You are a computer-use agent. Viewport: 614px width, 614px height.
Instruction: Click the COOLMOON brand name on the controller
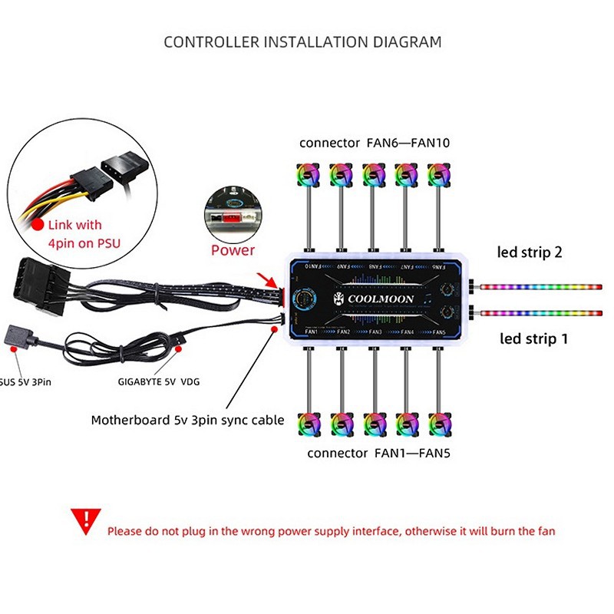[375, 299]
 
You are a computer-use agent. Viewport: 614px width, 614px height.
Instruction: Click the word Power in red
[233, 250]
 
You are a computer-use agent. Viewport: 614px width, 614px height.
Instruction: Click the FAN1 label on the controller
[310, 332]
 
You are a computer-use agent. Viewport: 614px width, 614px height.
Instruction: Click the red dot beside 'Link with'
[37, 225]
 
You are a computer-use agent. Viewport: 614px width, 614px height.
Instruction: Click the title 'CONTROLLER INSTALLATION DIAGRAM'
[303, 41]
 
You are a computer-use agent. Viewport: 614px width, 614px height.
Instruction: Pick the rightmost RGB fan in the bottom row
[437, 424]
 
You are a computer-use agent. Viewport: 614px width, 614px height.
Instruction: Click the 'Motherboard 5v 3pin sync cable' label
[187, 420]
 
